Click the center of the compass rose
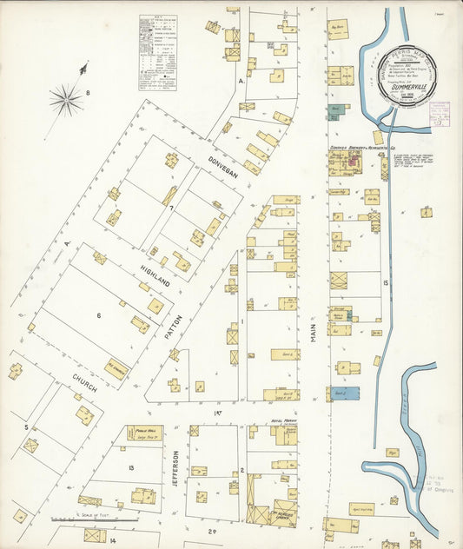pos(66,101)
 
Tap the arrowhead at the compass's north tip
pos(84,66)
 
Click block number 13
pos(130,469)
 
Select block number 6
pos(99,316)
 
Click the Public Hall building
pos(144,432)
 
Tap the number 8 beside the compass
pos(88,92)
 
